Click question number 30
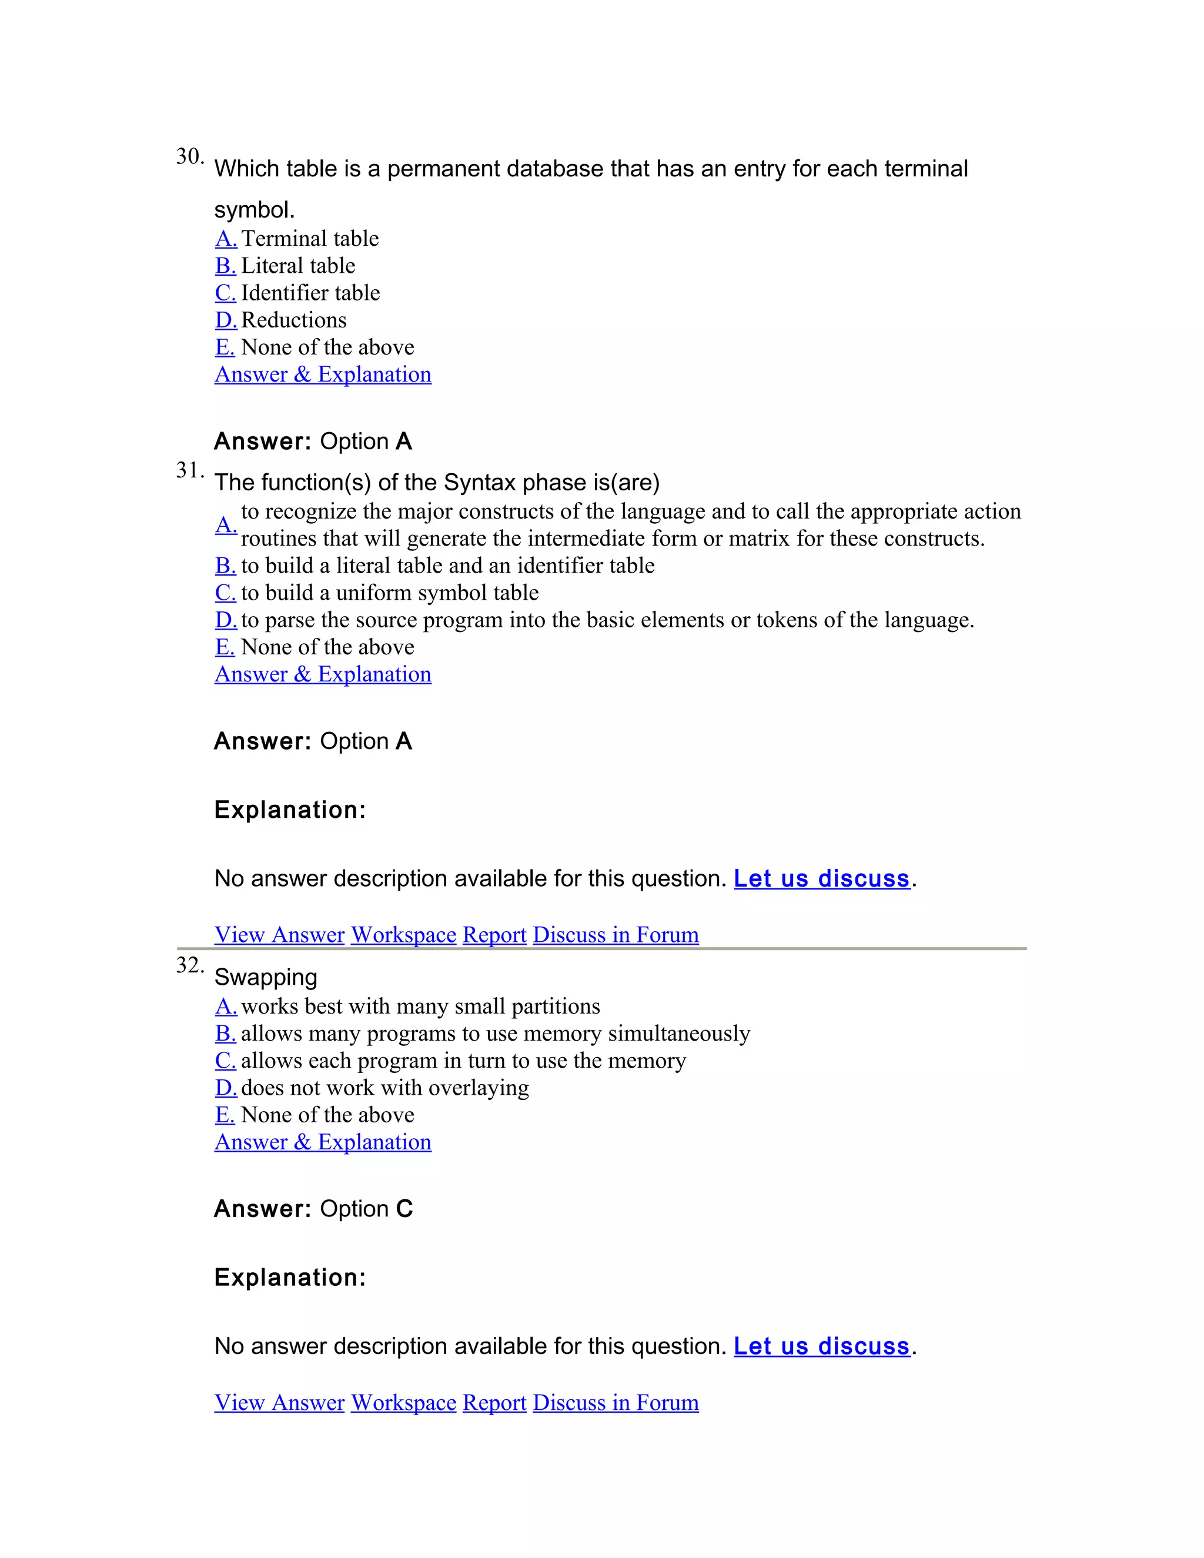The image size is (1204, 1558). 189,156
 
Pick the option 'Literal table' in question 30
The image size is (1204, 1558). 297,265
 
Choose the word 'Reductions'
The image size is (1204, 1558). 293,320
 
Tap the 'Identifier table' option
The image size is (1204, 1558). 310,292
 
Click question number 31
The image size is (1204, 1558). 189,470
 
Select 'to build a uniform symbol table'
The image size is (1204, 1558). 389,593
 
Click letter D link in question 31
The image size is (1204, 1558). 225,620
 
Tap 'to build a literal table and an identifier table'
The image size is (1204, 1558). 447,566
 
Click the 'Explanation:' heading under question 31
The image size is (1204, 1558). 290,810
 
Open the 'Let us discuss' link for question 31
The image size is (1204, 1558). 822,878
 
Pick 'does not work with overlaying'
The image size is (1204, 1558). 384,1088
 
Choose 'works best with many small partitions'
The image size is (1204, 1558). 420,1007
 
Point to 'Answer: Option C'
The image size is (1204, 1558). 313,1208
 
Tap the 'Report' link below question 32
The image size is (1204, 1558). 494,1402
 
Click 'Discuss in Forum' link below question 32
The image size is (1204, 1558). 616,1402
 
